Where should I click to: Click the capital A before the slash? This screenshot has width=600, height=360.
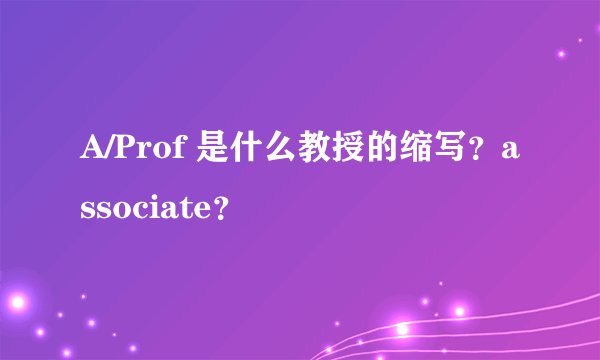pyautogui.click(x=90, y=153)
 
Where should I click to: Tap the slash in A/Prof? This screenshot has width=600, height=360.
pyautogui.click(x=107, y=153)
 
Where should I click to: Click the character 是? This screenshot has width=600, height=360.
pyautogui.click(x=197, y=153)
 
